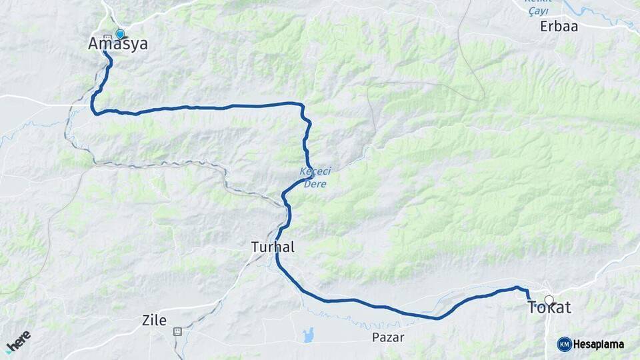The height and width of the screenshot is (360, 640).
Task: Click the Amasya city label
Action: (118, 44)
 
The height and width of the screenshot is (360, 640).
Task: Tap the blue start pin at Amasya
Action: (120, 34)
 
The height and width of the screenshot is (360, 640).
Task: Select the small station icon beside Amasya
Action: (108, 37)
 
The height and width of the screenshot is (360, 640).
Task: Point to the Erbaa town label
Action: (559, 27)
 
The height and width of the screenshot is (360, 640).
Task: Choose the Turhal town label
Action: (273, 247)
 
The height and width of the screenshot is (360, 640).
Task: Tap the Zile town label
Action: (154, 320)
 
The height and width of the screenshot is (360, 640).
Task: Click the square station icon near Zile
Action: (177, 331)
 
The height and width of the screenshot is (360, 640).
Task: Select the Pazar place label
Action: (388, 337)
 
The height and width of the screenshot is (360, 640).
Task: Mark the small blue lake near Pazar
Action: (307, 335)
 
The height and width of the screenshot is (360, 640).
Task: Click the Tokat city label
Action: (549, 308)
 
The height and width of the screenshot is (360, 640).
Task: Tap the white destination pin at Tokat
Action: (549, 301)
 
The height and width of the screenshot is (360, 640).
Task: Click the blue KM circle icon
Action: (564, 344)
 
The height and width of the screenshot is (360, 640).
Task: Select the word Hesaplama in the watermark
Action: (599, 344)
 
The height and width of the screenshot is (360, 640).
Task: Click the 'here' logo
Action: (18, 341)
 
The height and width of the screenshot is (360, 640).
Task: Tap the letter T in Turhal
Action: (255, 247)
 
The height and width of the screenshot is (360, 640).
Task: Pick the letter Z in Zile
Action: (146, 320)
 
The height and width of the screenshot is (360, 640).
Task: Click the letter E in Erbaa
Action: (545, 27)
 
